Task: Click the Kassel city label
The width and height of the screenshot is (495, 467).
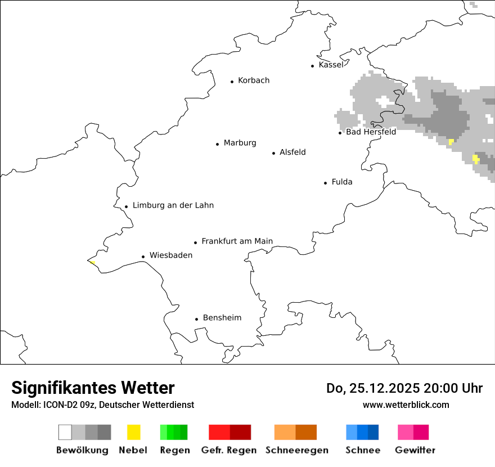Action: [331, 65]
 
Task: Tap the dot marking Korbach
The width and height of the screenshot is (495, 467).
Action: [232, 82]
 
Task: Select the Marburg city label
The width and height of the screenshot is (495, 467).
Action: [240, 143]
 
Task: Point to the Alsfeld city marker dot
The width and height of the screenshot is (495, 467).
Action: [274, 153]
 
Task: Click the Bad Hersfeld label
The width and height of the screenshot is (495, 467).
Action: [371, 132]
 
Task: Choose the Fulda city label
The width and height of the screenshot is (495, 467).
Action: [342, 182]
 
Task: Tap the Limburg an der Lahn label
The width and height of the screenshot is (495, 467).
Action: [173, 205]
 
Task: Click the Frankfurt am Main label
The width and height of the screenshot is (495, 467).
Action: [237, 241]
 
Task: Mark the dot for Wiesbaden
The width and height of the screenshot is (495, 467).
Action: [143, 257]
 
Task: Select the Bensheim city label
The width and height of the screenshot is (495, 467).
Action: [222, 318]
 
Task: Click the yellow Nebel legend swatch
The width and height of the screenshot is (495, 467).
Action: [133, 432]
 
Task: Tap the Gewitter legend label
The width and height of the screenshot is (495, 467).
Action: [415, 450]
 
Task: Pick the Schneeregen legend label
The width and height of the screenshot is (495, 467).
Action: [297, 450]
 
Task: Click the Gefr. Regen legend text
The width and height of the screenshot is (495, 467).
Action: [229, 450]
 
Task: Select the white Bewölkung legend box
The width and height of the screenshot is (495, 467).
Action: [65, 432]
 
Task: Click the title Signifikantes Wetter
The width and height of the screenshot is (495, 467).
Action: [93, 388]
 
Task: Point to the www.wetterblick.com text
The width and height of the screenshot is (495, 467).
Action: [406, 405]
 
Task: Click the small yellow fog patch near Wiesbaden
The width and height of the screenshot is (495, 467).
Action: [92, 262]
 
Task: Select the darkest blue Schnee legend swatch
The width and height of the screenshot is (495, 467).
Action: [373, 432]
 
